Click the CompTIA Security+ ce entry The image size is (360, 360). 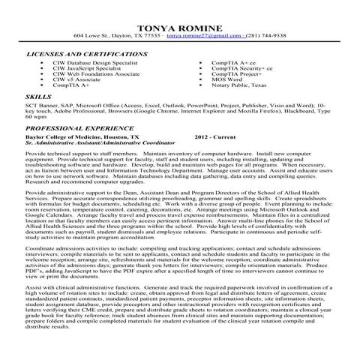[242, 70]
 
